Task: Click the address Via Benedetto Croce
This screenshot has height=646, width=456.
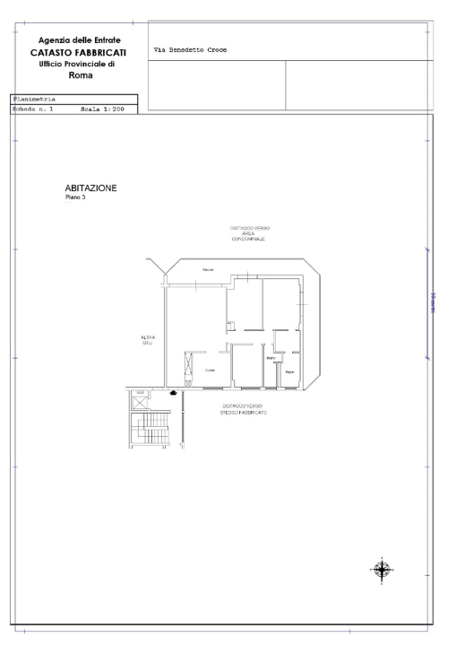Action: tap(191, 49)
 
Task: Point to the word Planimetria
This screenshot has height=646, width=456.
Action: tap(31, 100)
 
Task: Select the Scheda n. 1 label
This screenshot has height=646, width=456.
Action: tap(35, 108)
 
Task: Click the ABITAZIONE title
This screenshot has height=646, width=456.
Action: tap(90, 188)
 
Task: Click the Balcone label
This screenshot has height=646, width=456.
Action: tap(207, 270)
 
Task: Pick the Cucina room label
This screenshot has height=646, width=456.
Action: tap(210, 370)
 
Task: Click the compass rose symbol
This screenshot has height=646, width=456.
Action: tap(383, 569)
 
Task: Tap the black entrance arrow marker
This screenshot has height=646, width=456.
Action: tap(173, 392)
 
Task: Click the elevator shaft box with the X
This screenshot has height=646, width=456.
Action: tap(138, 398)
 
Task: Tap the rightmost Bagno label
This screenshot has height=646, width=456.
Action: tap(289, 371)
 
